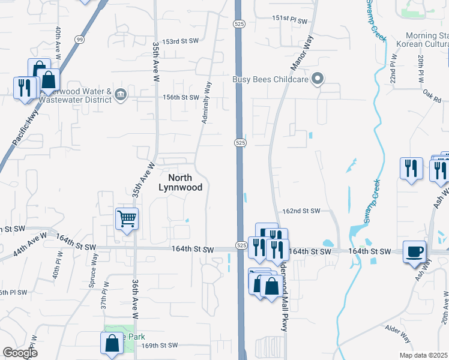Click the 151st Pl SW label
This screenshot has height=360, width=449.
tap(289, 20)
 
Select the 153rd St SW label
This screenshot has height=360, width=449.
tap(181, 41)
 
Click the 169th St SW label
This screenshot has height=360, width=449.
tap(160, 345)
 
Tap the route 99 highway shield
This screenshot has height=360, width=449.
tap(79, 39)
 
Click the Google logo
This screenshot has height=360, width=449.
tap(20, 353)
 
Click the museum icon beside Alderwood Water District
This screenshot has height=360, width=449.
tap(120, 94)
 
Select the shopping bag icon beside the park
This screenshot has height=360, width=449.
tap(112, 343)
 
